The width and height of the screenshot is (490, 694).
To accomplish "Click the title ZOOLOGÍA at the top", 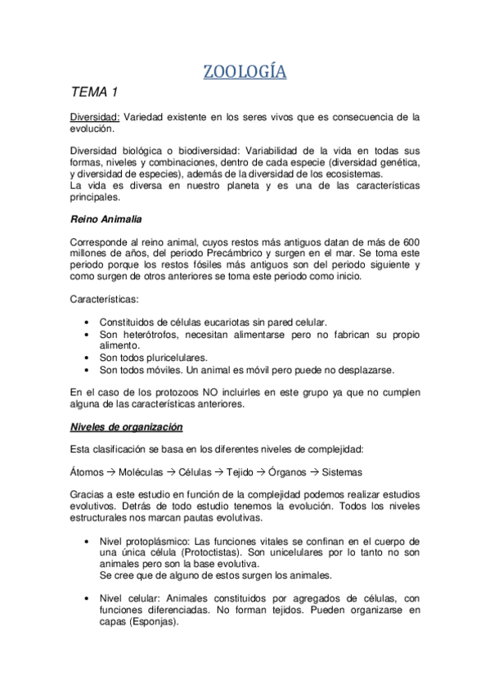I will (245, 73).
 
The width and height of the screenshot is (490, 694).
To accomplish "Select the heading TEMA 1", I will (94, 95).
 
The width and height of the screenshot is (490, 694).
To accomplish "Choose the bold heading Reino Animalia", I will (107, 219).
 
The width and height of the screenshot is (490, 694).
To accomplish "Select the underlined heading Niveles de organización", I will (126, 427).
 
